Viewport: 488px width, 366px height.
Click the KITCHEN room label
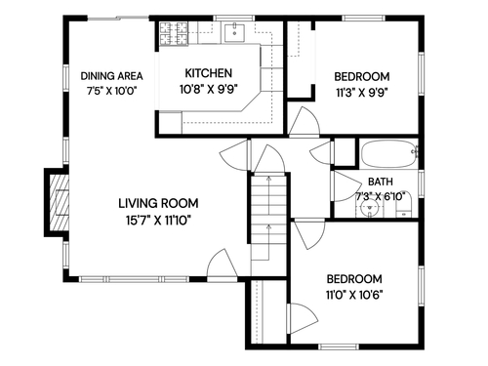point(209,73)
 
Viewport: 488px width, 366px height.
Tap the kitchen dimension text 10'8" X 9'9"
point(209,89)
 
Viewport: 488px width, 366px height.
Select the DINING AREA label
point(111,76)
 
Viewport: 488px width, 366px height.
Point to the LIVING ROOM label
point(158,203)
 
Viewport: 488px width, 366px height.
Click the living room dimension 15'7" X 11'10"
point(158,221)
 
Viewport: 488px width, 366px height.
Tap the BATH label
point(381,182)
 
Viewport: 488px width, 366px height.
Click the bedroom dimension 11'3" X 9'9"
point(362,94)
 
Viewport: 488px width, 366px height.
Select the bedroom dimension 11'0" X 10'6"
point(354,295)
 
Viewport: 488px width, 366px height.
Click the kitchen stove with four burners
point(174,33)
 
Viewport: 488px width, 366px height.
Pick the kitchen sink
point(234,32)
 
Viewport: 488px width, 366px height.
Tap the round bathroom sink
point(370,207)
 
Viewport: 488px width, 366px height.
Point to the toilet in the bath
point(404,206)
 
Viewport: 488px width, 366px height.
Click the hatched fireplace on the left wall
point(59,202)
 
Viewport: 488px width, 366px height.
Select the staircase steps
point(268,218)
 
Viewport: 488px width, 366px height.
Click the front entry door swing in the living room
point(222,264)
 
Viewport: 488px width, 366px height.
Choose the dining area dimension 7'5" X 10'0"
point(111,91)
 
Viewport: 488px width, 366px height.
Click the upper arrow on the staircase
point(268,195)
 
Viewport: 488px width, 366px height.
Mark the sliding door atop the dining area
point(118,19)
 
